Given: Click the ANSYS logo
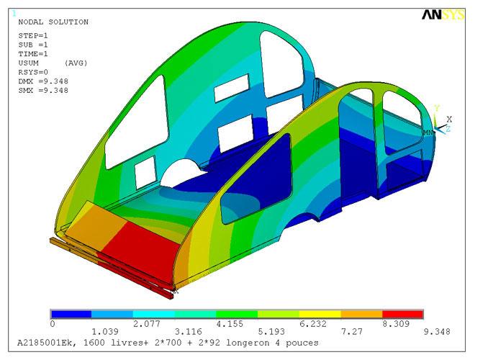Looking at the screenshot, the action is pyautogui.click(x=443, y=15).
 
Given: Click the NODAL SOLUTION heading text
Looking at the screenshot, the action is pyautogui.click(x=53, y=22).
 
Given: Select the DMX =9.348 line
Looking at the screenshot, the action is pyautogui.click(x=43, y=81).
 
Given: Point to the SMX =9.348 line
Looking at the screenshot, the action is pyautogui.click(x=43, y=90).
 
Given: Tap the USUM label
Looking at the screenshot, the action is pyautogui.click(x=28, y=63).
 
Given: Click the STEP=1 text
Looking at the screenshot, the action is pyautogui.click(x=33, y=35).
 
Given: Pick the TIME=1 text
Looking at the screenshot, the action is pyautogui.click(x=33, y=54).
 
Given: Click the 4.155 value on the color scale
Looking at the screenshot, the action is pyautogui.click(x=230, y=324).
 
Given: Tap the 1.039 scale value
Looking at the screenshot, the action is pyautogui.click(x=104, y=331).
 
